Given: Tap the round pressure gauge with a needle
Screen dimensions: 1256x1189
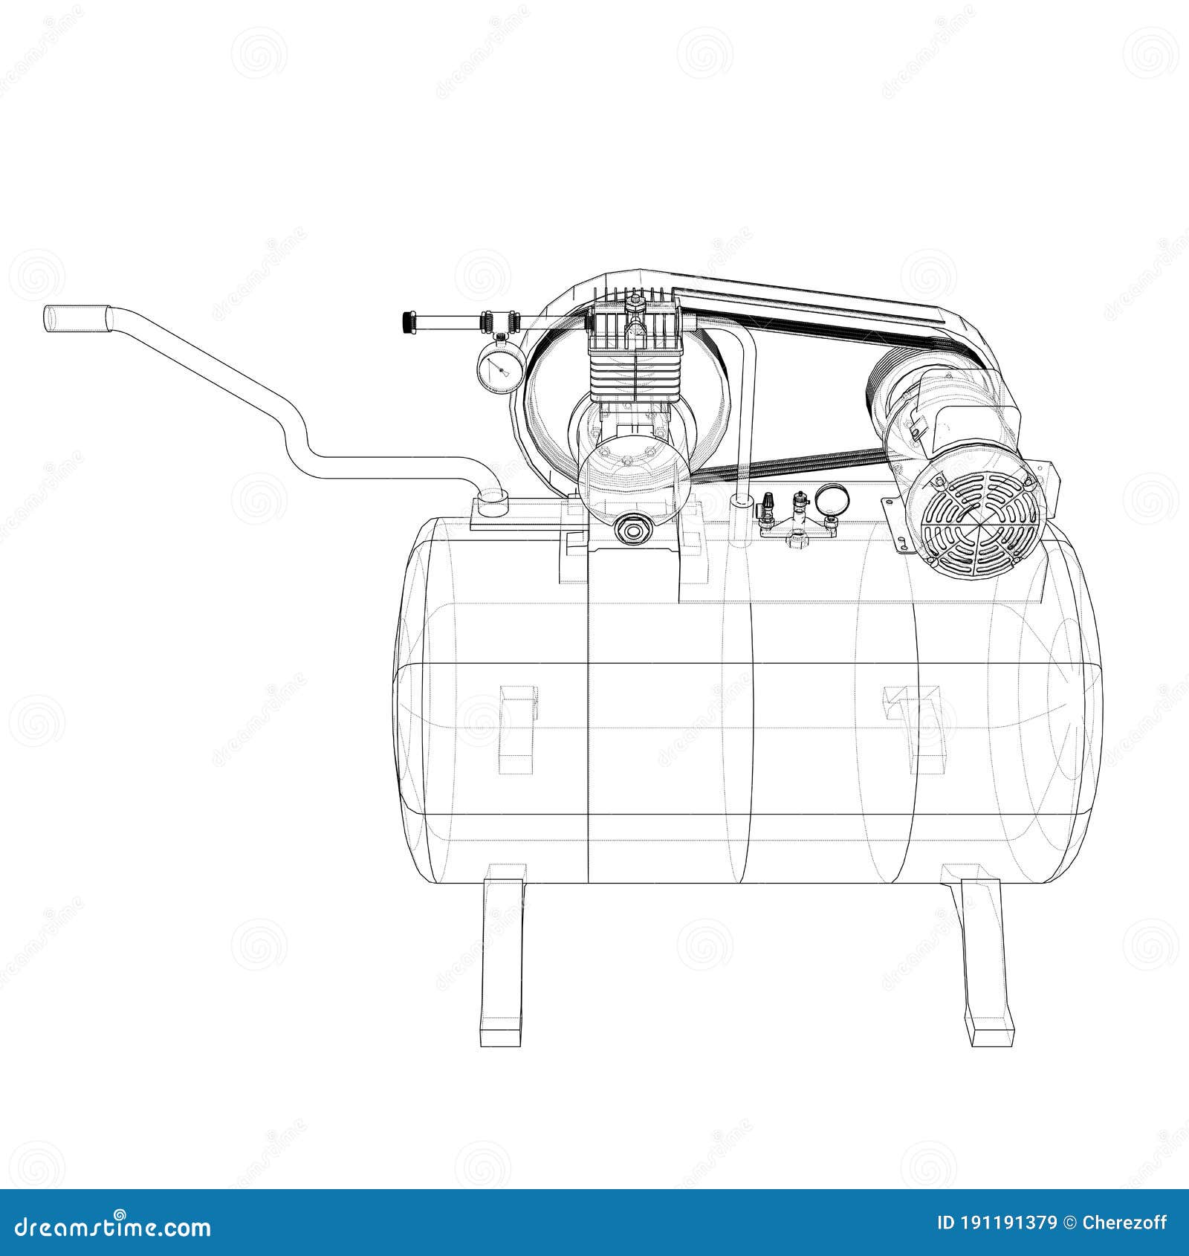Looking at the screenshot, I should click(x=498, y=366).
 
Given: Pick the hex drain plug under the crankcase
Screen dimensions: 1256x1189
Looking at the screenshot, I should click(x=633, y=530).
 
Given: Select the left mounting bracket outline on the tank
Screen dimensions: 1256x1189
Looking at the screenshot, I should click(x=517, y=728).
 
